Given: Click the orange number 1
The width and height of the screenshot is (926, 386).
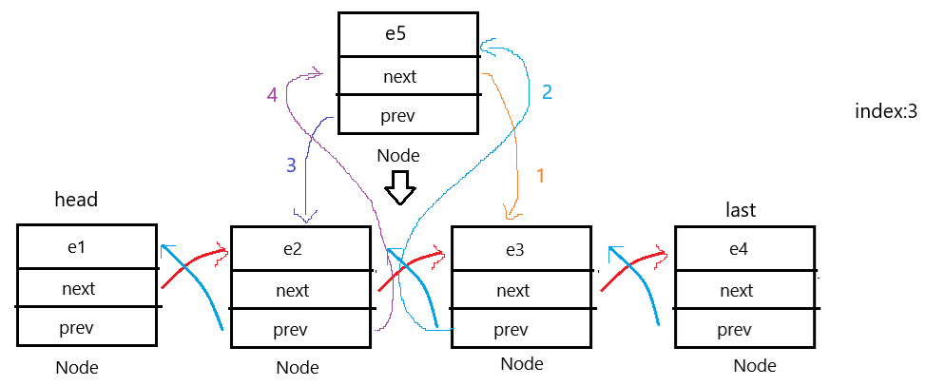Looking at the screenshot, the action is point(540,176).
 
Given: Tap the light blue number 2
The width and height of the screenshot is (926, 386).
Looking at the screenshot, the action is point(547,92).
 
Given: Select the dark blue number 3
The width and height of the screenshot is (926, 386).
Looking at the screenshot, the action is point(291,164).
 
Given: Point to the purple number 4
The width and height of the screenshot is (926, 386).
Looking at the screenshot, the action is point(272,94).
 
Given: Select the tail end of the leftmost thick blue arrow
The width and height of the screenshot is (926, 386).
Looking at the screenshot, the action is point(222,329).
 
